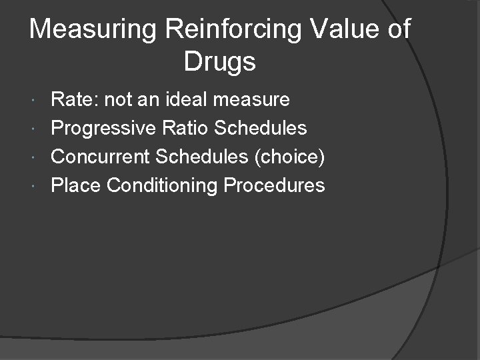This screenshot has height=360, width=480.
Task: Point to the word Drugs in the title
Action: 219,62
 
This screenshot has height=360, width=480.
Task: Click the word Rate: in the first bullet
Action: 74,100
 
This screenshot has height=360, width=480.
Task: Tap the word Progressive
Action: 103,128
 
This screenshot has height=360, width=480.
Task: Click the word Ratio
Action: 186,128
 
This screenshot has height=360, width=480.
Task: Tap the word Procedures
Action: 274,185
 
